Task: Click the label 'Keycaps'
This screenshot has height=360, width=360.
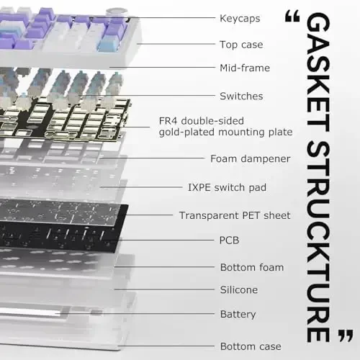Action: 240,17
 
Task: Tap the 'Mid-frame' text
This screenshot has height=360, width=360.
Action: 245,68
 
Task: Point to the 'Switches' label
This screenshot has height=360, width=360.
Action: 241,96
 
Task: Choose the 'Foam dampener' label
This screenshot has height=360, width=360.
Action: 250,158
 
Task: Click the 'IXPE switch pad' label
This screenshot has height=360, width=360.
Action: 228,187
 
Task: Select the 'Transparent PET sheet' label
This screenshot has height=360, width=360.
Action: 235,215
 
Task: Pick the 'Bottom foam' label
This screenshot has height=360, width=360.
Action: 251,267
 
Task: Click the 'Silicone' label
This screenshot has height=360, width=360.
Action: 238,290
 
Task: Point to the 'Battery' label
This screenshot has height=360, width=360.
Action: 238,315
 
